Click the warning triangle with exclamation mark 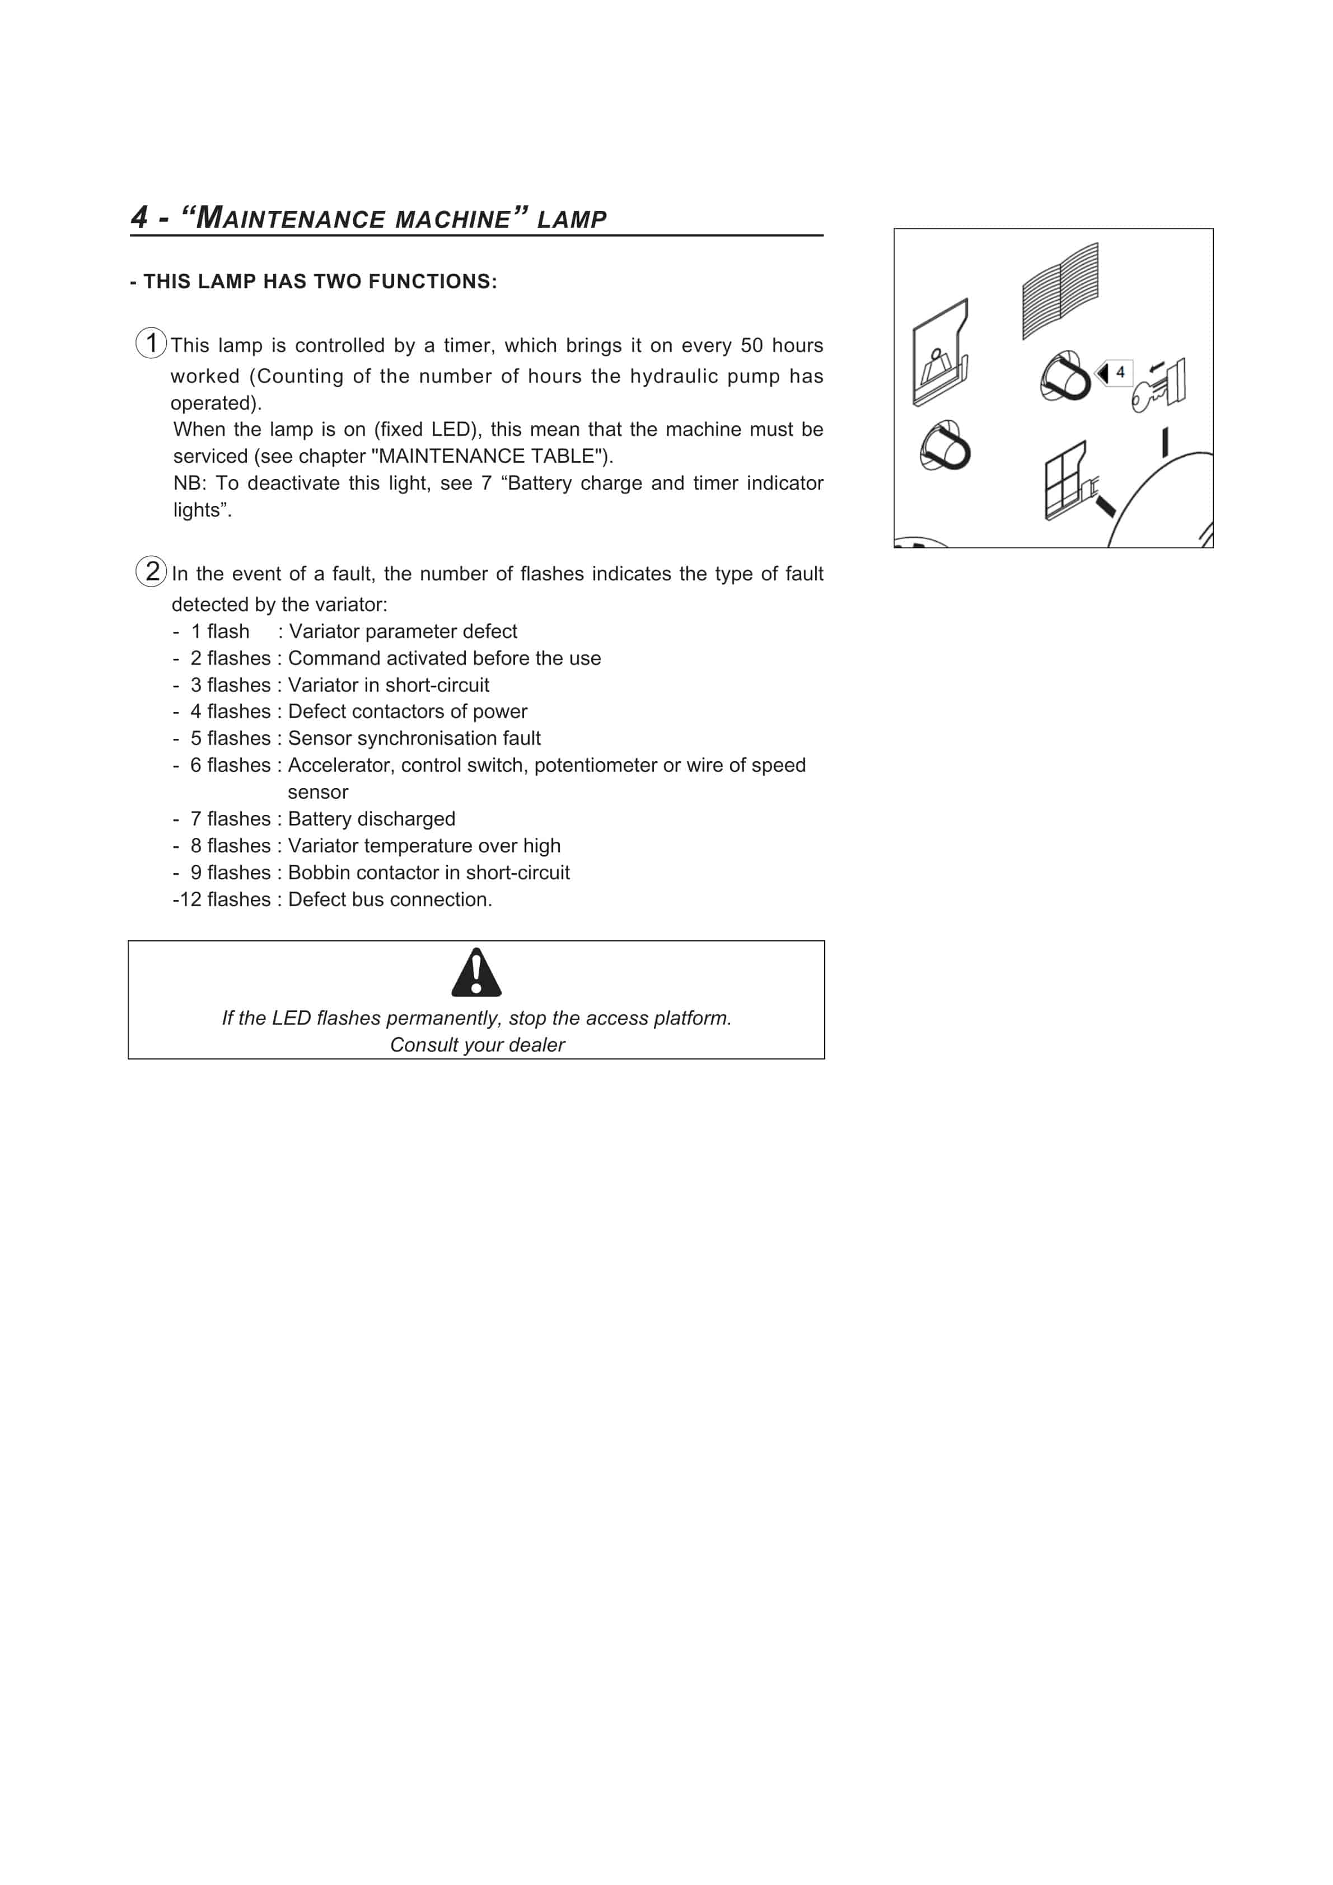tap(476, 973)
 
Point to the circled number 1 tap(151, 343)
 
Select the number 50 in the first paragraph tap(751, 346)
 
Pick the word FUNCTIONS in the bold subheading tap(432, 282)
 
